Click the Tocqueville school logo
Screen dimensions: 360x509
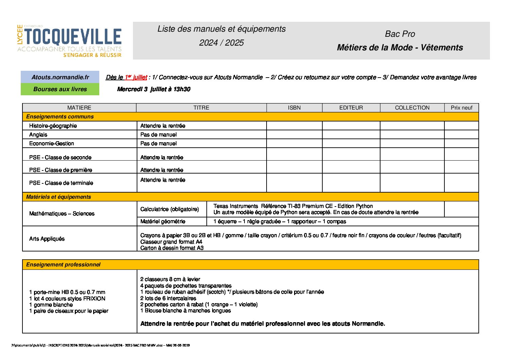(69, 40)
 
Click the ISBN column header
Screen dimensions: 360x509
(294, 108)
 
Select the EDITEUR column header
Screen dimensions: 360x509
(351, 108)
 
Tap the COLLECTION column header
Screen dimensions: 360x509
(412, 108)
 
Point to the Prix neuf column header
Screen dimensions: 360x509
(461, 108)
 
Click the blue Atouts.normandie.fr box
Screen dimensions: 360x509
(60, 77)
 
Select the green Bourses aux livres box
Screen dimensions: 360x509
(60, 89)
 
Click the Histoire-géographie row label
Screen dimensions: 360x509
(53, 126)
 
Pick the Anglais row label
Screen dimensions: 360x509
(38, 134)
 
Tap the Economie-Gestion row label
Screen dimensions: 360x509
(52, 143)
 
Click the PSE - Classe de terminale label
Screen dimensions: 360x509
(61, 183)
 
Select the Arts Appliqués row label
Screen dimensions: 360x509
(47, 239)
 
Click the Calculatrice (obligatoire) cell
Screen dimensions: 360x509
(170, 209)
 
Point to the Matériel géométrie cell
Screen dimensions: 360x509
(163, 221)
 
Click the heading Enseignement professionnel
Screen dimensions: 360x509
(63, 264)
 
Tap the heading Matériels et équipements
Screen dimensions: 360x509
(58, 197)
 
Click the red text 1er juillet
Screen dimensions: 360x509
(136, 77)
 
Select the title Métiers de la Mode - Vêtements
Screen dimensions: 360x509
(400, 47)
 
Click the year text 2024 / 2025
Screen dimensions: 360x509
(221, 43)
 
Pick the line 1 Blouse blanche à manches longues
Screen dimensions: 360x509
(186, 310)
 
